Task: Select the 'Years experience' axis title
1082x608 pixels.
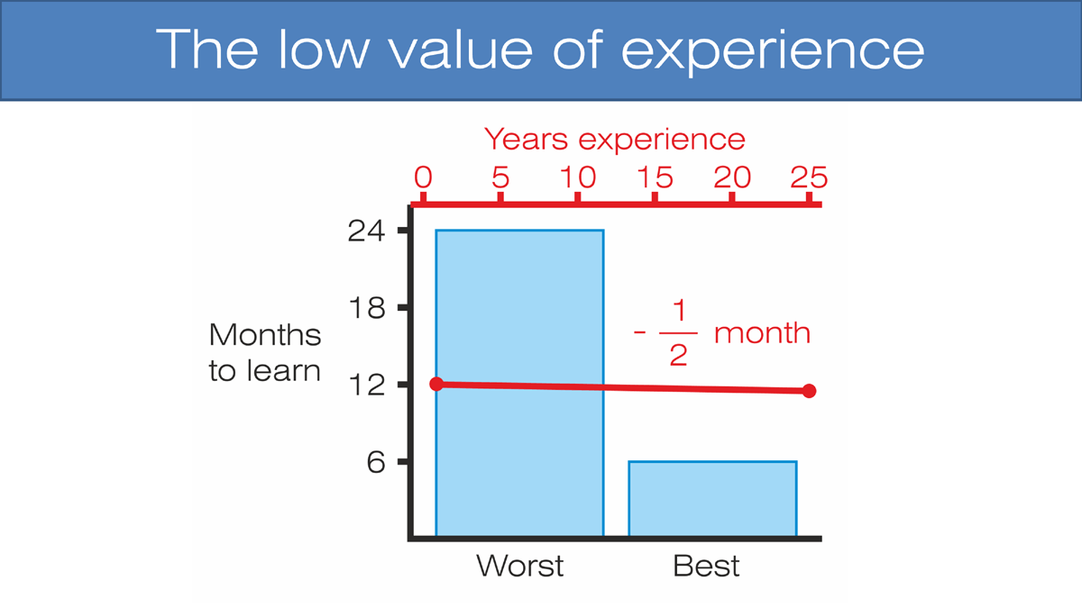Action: click(x=614, y=140)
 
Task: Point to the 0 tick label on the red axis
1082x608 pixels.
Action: click(x=423, y=177)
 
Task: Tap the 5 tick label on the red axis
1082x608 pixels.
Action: click(x=500, y=177)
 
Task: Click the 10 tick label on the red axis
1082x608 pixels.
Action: click(x=578, y=177)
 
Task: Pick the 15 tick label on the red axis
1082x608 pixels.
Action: click(x=655, y=177)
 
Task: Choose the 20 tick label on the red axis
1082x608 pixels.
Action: click(x=732, y=177)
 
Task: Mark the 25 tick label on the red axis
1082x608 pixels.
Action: click(x=809, y=177)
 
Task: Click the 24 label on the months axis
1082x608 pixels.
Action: click(x=366, y=231)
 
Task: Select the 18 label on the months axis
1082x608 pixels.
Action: click(x=367, y=308)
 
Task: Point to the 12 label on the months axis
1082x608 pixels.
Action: click(x=367, y=386)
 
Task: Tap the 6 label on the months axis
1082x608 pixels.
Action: click(x=376, y=462)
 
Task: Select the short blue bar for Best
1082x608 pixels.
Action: click(x=712, y=498)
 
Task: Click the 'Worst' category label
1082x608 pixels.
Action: click(x=519, y=566)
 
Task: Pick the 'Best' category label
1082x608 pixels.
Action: click(x=706, y=566)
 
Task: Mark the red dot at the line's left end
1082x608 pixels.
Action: click(x=436, y=384)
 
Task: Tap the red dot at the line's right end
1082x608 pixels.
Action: click(x=809, y=391)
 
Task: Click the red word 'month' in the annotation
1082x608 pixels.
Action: click(x=762, y=333)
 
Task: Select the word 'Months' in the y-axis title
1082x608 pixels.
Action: click(x=265, y=335)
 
